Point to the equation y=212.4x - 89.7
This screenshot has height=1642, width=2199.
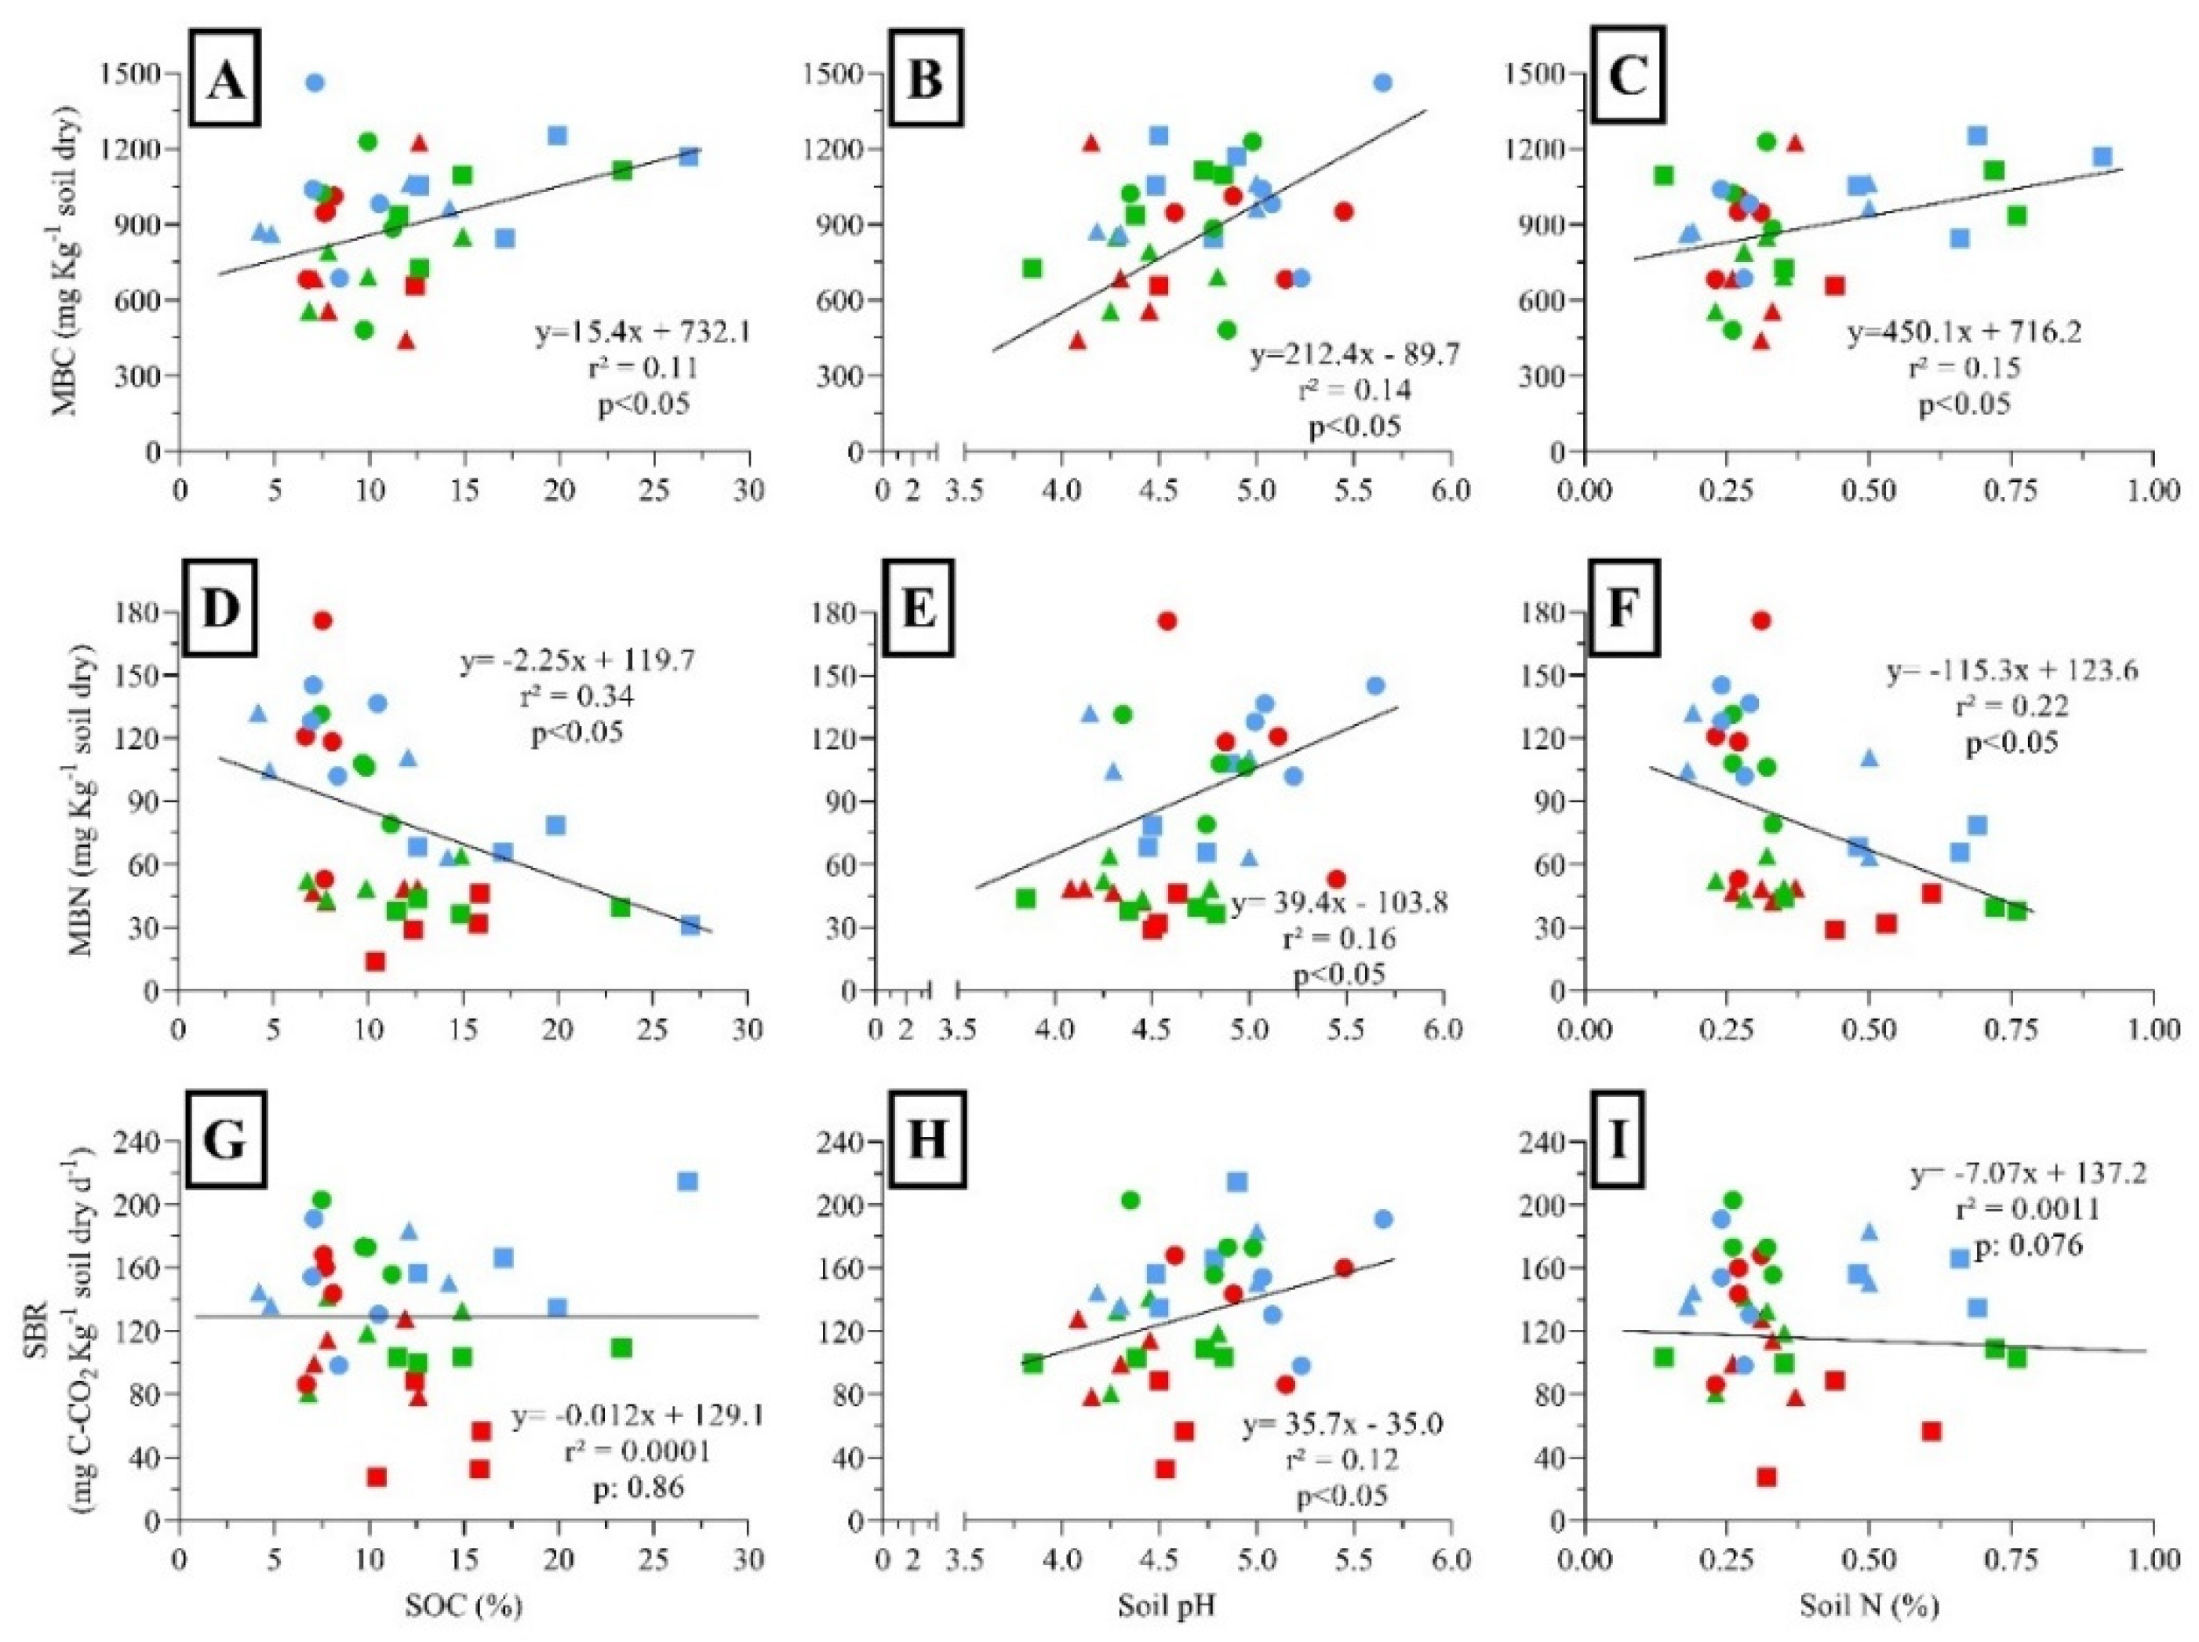click(x=1355, y=353)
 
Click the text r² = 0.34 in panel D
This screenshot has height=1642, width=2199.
click(x=577, y=695)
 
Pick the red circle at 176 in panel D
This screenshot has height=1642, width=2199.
click(x=322, y=620)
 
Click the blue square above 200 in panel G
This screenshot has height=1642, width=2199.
click(x=687, y=1181)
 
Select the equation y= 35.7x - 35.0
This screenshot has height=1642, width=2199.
click(x=1343, y=1424)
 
